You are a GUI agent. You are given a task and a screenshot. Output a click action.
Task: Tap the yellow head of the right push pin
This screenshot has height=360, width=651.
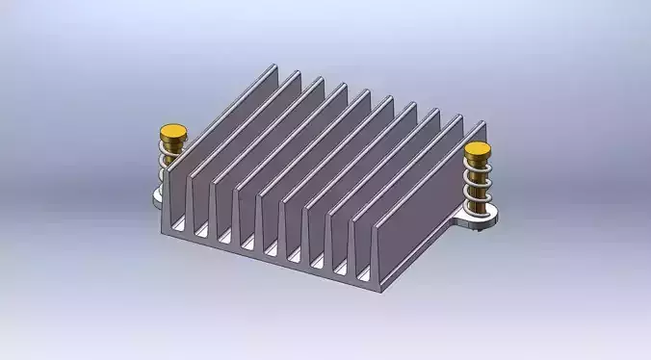click(478, 152)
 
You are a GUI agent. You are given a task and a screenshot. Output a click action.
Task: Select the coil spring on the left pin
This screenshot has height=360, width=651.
click(172, 164)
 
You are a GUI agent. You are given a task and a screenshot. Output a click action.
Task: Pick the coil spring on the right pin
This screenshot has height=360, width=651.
click(479, 185)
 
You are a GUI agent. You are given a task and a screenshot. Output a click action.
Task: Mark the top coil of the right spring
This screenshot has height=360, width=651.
click(479, 168)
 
